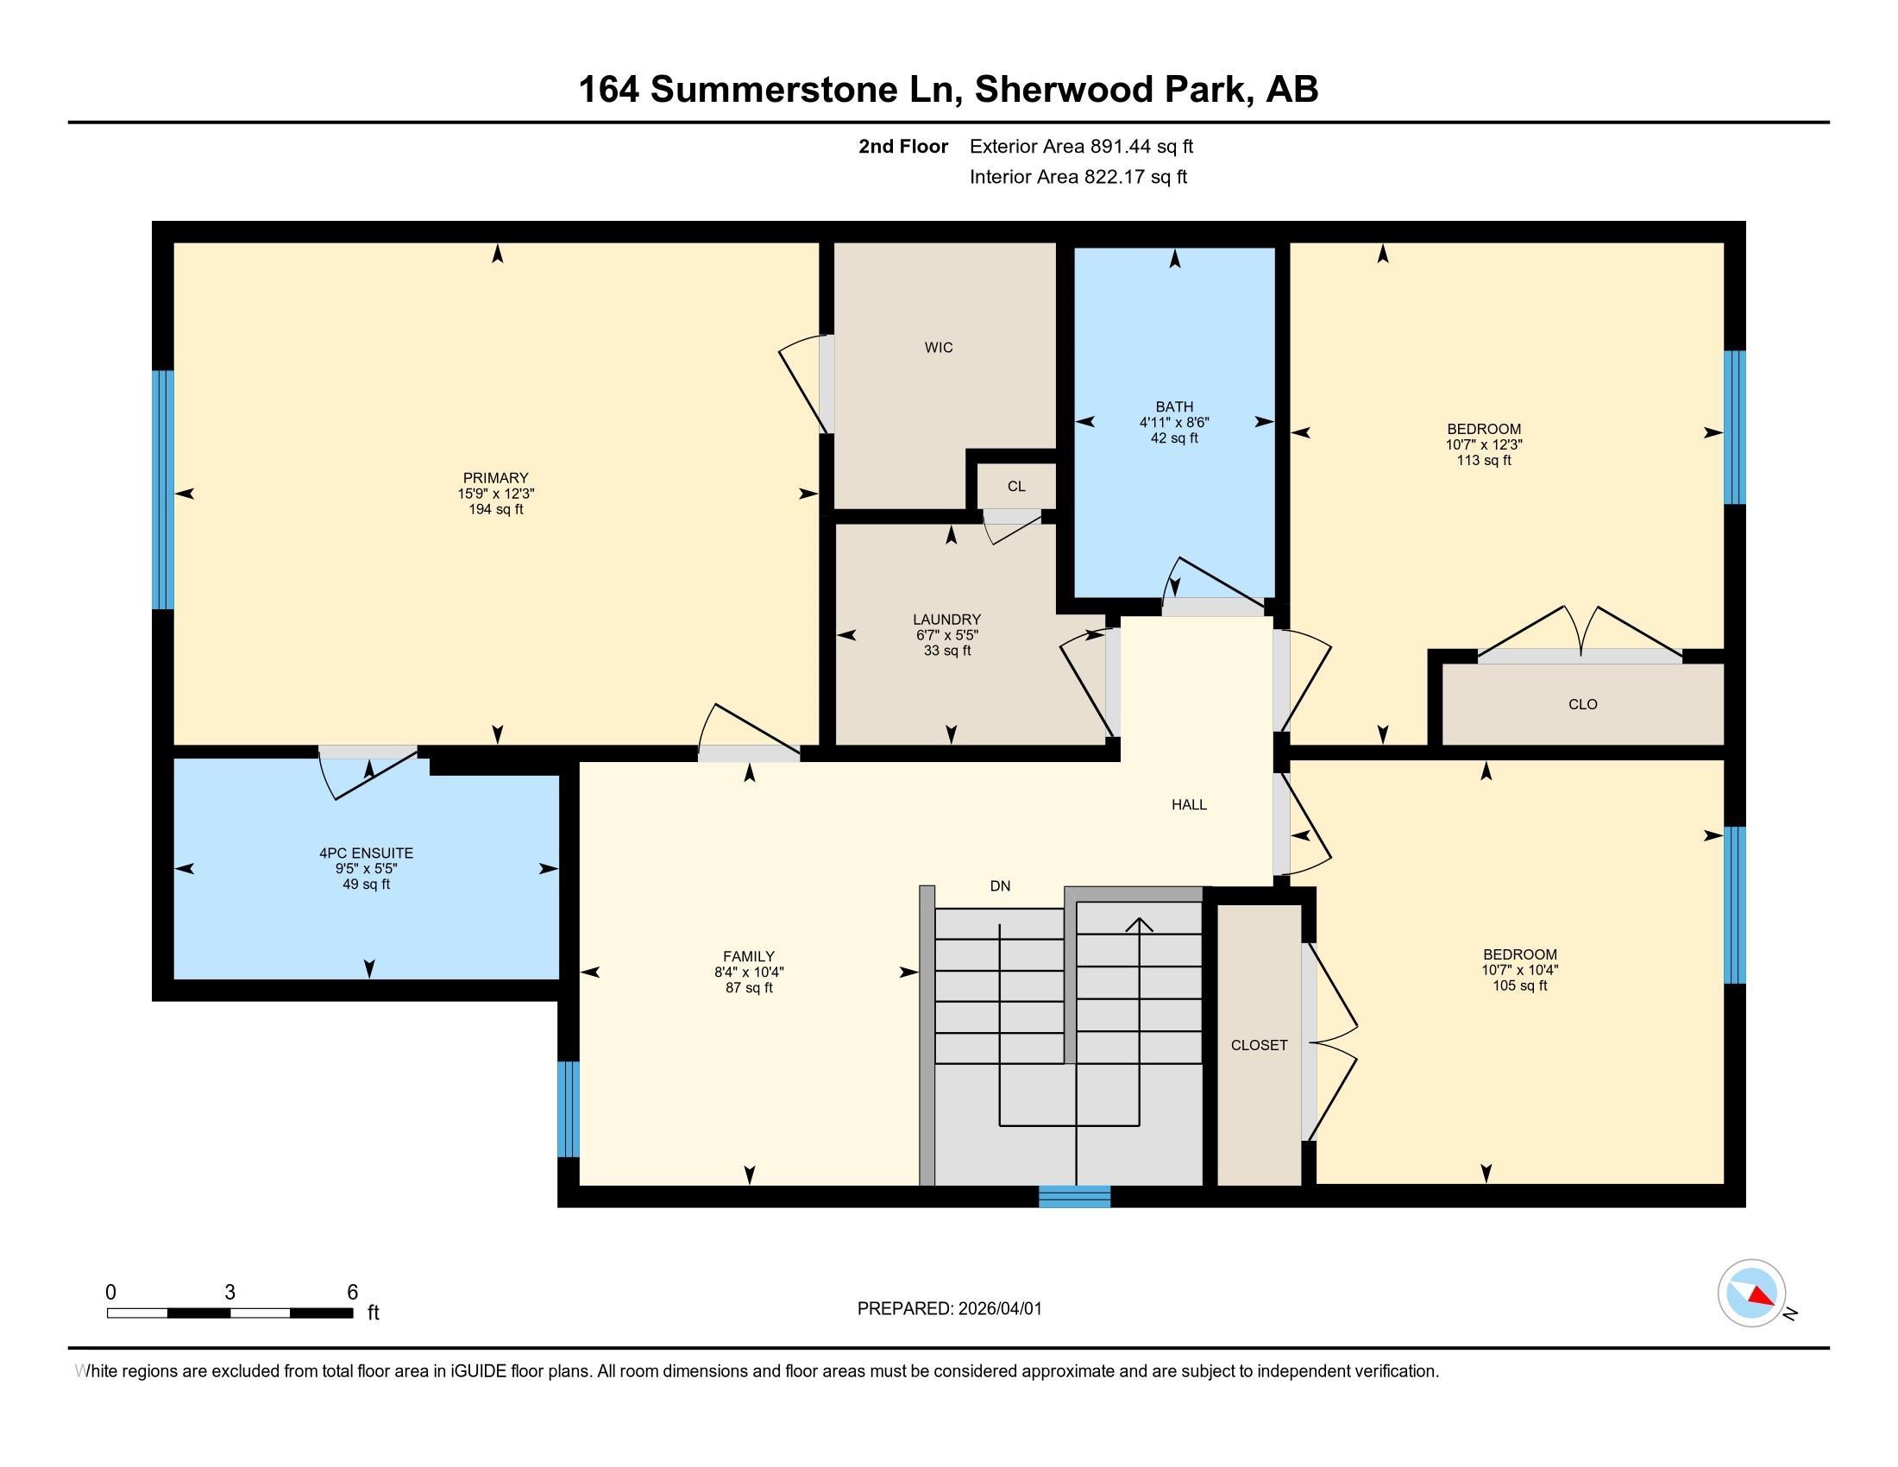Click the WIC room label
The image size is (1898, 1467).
(939, 348)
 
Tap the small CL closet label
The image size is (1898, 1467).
(1016, 487)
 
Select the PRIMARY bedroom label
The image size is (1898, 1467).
(495, 478)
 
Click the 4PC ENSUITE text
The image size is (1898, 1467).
(366, 853)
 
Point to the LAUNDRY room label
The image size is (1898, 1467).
(946, 620)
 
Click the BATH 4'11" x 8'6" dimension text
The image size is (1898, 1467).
(1174, 422)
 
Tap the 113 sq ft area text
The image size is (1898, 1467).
(1484, 461)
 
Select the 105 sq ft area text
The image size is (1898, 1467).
(1520, 985)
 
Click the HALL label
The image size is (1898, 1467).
(1189, 805)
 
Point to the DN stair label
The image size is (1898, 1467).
(1000, 886)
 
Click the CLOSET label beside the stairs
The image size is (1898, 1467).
(1260, 1046)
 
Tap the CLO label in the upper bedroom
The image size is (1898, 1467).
(1582, 705)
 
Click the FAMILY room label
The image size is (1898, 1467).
(748, 957)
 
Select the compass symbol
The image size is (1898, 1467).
(1751, 1294)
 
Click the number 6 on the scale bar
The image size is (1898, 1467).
(352, 1293)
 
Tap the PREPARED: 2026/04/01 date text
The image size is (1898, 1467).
(949, 1309)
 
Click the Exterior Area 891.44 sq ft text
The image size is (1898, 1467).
(1081, 147)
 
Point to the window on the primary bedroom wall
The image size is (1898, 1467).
(162, 489)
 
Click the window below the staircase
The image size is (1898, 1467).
(1075, 1197)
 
